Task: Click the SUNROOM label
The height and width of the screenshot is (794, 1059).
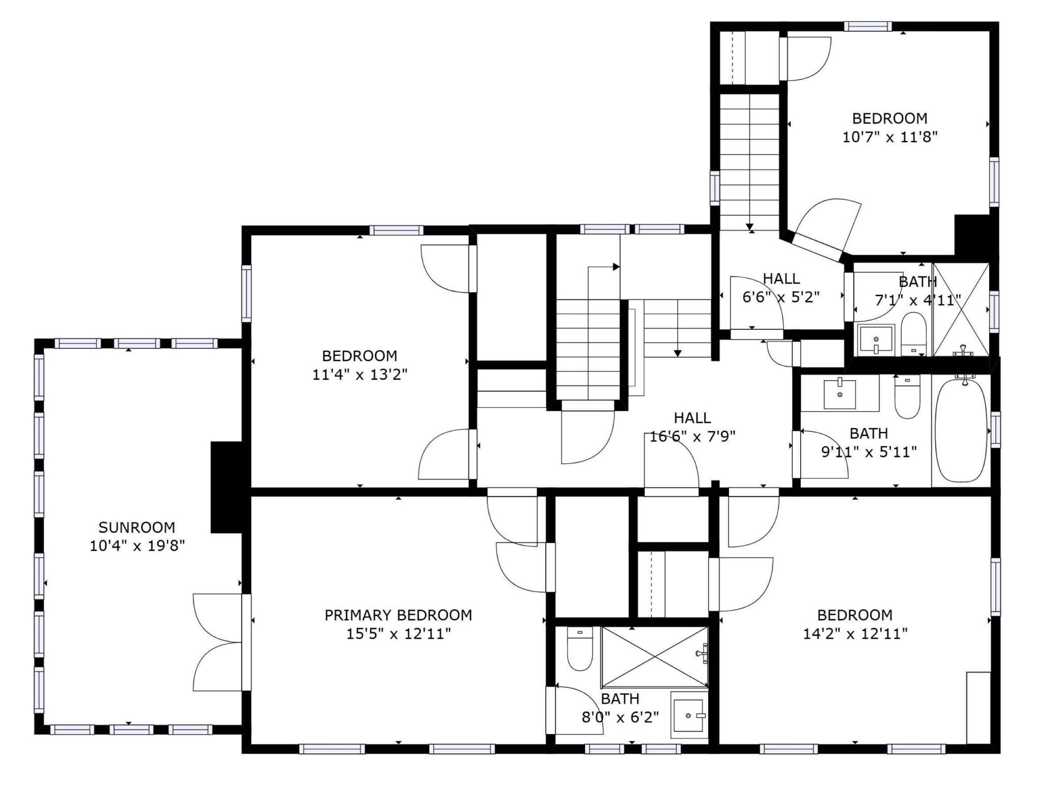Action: pyautogui.click(x=136, y=527)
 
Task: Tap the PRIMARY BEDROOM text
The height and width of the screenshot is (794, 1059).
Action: pyautogui.click(x=398, y=615)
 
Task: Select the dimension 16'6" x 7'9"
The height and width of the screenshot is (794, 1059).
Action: pyautogui.click(x=692, y=437)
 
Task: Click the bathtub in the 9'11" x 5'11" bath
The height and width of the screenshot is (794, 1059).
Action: pyautogui.click(x=960, y=431)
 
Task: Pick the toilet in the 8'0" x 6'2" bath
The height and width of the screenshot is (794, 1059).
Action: pyautogui.click(x=580, y=649)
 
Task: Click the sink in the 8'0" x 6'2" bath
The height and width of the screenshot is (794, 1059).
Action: pyautogui.click(x=689, y=715)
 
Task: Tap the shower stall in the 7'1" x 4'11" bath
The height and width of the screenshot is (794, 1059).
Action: pyautogui.click(x=961, y=309)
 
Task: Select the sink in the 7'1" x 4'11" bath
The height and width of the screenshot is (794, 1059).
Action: pyautogui.click(x=876, y=339)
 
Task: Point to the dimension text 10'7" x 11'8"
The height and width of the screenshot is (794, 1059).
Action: pyautogui.click(x=889, y=137)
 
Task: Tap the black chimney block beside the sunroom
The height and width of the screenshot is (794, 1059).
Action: pyautogui.click(x=227, y=487)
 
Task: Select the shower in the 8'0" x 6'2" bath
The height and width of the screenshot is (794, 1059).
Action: pyautogui.click(x=655, y=657)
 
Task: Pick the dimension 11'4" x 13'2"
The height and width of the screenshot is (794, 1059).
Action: pyautogui.click(x=359, y=375)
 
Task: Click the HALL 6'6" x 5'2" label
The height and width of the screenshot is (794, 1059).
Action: pyautogui.click(x=781, y=288)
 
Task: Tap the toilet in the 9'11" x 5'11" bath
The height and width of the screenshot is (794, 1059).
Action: pyautogui.click(x=907, y=397)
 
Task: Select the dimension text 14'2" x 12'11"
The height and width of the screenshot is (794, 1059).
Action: pyautogui.click(x=855, y=634)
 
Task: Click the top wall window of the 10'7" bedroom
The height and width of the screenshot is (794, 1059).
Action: pyautogui.click(x=868, y=26)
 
